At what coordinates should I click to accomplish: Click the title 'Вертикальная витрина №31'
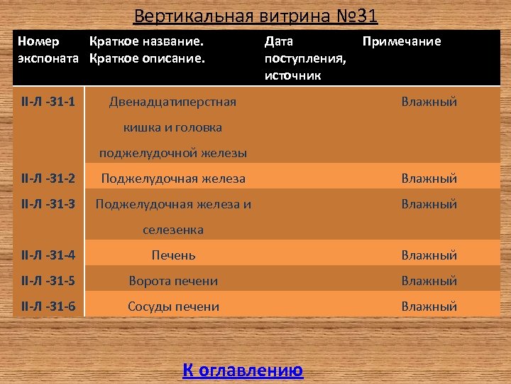point(255,15)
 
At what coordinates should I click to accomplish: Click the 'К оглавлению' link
point(243,370)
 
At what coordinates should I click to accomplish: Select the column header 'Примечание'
point(401,41)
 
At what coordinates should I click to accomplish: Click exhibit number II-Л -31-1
point(49,102)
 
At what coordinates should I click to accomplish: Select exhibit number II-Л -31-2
point(49,178)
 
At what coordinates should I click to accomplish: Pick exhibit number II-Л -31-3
point(49,204)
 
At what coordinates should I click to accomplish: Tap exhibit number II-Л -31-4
point(49,255)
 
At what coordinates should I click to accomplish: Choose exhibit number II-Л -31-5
point(49,281)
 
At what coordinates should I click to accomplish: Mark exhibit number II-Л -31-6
point(49,306)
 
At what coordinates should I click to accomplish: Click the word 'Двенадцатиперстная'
point(172,102)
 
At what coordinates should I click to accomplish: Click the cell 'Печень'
point(173,255)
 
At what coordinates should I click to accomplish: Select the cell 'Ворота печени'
point(173,281)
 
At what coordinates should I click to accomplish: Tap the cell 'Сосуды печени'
point(173,306)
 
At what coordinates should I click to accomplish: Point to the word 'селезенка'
point(173,230)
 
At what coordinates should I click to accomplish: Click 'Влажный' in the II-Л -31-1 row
point(429,102)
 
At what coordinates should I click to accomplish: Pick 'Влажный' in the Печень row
point(429,255)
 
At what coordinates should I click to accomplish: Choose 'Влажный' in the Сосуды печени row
point(429,306)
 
